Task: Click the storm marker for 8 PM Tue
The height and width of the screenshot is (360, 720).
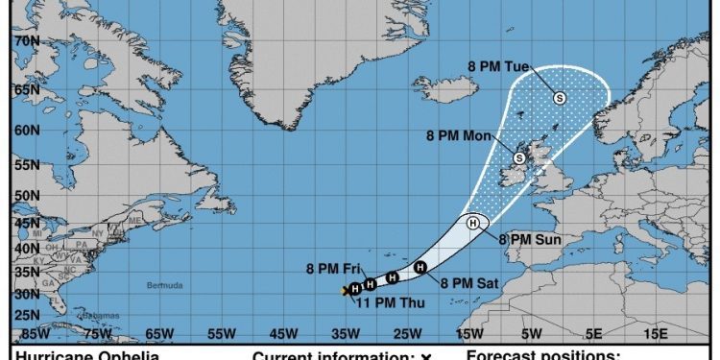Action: coord(560,97)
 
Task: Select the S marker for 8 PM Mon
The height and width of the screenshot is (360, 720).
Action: coord(519,157)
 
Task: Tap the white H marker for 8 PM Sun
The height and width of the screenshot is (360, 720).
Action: coord(473,223)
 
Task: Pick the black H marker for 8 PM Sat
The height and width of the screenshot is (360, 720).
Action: coord(420,267)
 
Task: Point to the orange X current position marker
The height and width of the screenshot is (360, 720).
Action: coord(347,290)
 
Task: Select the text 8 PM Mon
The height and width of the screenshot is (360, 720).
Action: coord(459,136)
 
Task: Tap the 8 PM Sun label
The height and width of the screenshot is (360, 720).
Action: coord(529,239)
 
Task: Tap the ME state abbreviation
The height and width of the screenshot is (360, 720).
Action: coord(134,220)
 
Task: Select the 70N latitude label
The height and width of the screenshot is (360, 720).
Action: coord(26,42)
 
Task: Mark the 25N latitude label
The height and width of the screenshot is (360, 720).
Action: coord(26,315)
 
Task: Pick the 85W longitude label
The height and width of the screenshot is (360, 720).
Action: coord(36,334)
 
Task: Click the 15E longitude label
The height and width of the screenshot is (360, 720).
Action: coord(655,334)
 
